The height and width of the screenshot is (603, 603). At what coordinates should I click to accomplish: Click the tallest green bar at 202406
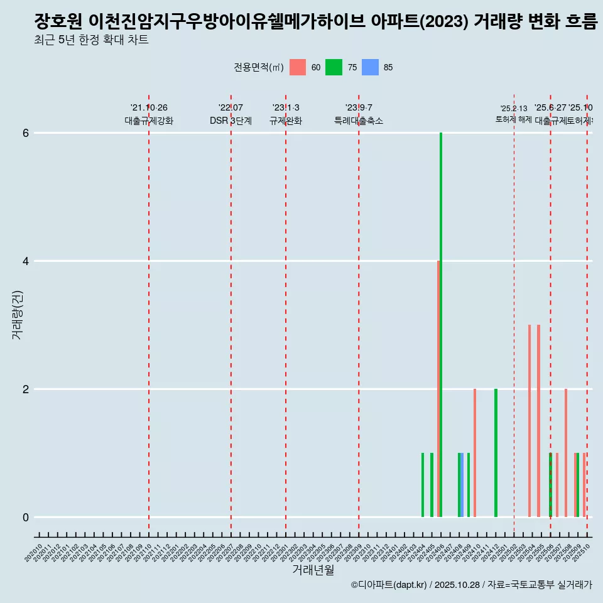click(x=441, y=325)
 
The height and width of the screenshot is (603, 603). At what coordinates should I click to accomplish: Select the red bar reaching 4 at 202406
click(x=438, y=389)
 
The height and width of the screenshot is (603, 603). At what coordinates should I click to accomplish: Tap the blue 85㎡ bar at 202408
click(x=462, y=485)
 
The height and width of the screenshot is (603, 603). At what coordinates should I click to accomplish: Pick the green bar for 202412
click(x=496, y=453)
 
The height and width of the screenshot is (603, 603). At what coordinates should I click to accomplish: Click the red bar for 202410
click(x=475, y=453)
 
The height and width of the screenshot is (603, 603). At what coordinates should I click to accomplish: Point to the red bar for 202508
click(x=566, y=453)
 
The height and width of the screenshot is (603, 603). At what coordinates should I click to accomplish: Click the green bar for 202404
click(x=423, y=485)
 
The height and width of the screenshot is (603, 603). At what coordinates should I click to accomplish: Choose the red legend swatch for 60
click(x=298, y=68)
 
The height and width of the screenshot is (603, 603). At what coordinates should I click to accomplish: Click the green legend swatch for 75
click(x=334, y=68)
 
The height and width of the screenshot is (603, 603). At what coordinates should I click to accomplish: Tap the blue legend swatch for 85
click(x=370, y=68)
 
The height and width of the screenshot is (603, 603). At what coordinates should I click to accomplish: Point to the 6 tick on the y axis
click(x=26, y=133)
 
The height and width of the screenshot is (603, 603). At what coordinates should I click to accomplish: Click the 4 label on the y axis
click(x=26, y=261)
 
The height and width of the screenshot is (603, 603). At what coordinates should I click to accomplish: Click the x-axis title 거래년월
click(x=313, y=570)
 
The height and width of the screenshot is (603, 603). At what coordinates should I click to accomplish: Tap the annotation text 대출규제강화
click(x=149, y=121)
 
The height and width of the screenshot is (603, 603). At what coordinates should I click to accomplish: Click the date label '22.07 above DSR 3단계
click(x=231, y=108)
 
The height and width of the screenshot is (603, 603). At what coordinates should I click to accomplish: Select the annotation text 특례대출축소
click(x=359, y=121)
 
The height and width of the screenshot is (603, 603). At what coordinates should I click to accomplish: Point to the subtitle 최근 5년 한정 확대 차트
click(x=91, y=41)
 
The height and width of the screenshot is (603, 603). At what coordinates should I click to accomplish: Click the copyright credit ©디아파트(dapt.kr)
click(x=388, y=585)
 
